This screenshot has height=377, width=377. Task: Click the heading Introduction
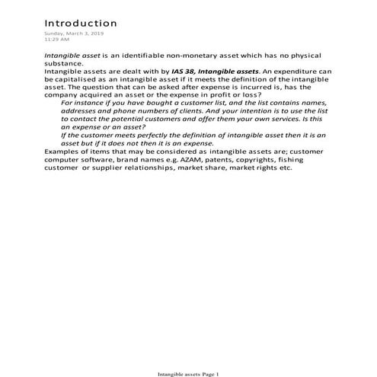pyautogui.click(x=80, y=24)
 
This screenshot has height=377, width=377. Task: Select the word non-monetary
pyautogui.click(x=190, y=56)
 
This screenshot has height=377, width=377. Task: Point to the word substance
pyautogui.click(x=62, y=65)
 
